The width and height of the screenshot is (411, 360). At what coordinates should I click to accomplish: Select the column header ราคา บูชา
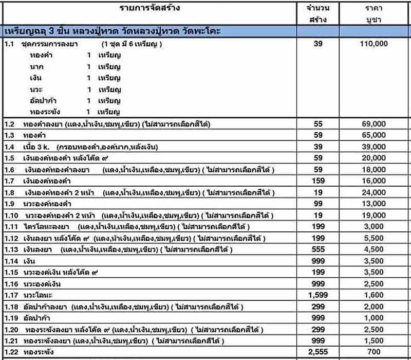(373, 14)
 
